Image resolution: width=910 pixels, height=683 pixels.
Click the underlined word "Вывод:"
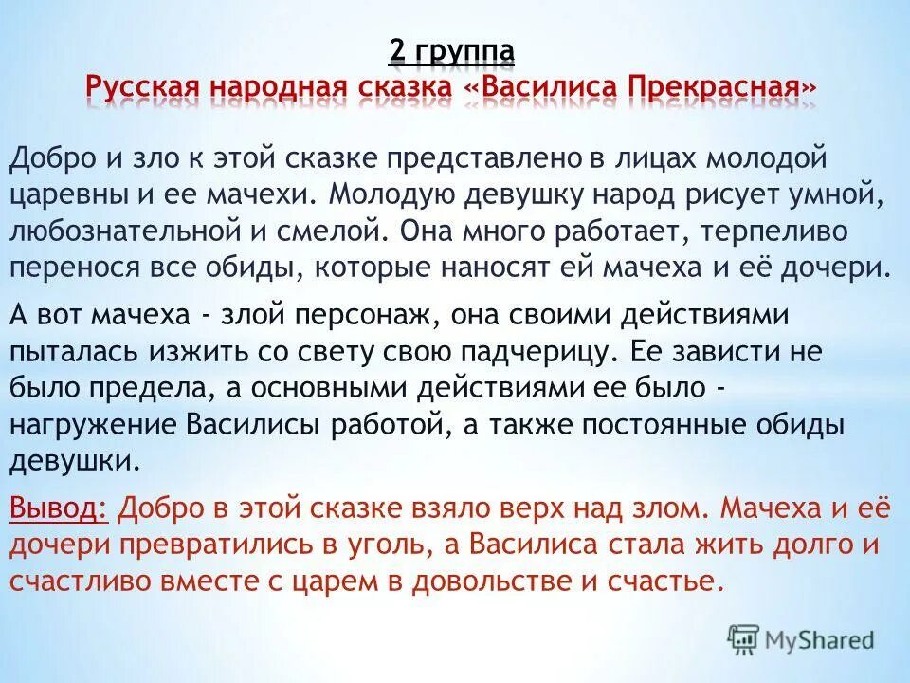(58, 508)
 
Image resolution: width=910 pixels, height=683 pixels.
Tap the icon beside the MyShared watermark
(743, 638)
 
